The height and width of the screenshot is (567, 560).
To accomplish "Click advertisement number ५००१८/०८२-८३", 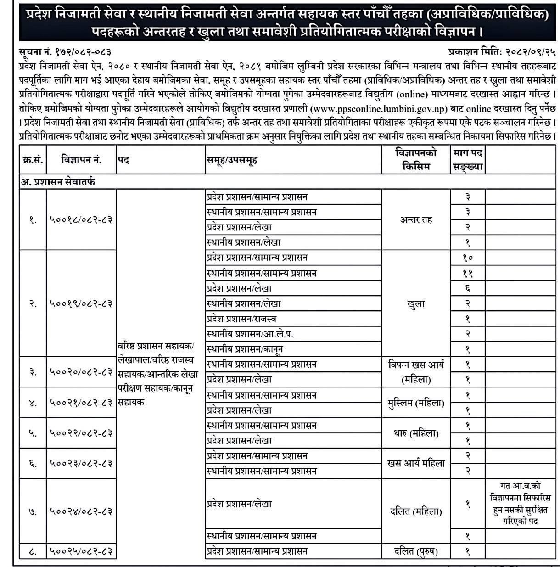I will (81, 219).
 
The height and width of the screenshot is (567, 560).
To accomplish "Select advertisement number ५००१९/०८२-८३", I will (81, 303).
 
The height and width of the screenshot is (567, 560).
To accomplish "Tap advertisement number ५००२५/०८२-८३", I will (81, 551).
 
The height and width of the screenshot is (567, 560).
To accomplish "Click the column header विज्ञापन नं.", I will (81, 160).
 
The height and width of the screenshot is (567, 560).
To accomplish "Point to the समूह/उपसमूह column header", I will (231, 160).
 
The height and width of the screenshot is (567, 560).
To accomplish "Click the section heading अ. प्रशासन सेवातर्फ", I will (58, 182).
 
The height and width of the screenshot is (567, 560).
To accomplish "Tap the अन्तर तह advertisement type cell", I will (416, 219).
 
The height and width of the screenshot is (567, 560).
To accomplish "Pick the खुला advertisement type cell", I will (416, 303).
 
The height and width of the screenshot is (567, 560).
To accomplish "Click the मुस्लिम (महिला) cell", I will (416, 403).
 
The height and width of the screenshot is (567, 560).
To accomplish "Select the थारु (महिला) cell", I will (416, 433).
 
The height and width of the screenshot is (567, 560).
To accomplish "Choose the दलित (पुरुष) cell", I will (416, 551).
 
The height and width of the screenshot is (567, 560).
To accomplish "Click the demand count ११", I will (467, 274).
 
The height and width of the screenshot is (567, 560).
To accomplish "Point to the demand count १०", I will (467, 258).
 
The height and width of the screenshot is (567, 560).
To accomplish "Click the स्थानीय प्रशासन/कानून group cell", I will (245, 349).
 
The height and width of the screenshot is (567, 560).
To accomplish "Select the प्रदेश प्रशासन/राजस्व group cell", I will (241, 319).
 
